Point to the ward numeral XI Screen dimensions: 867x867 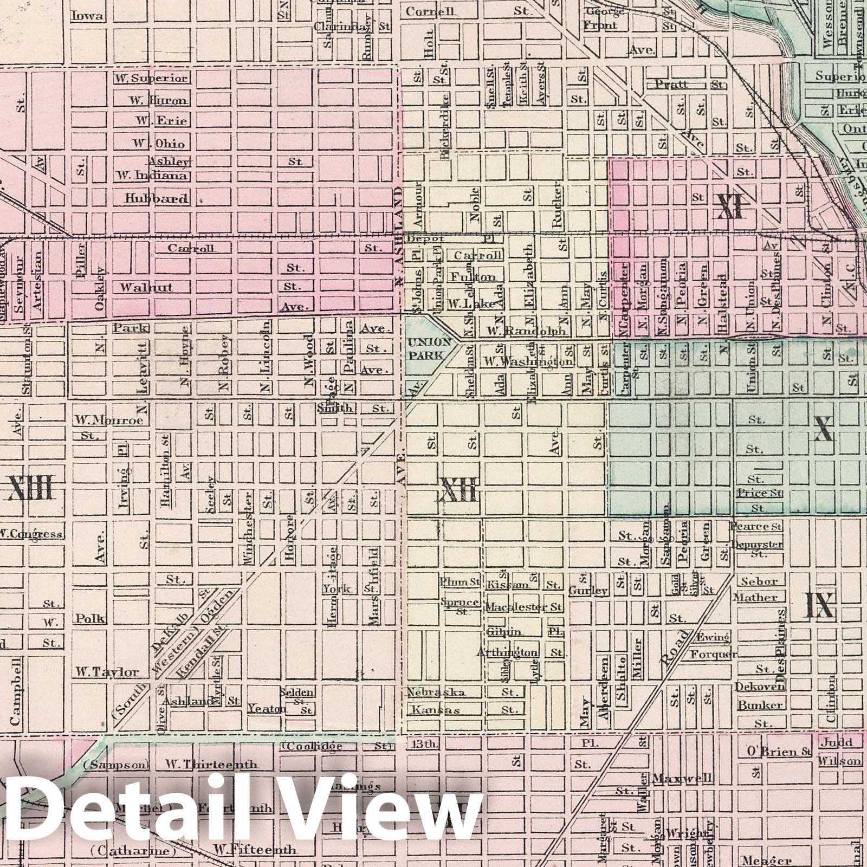pos(729,206)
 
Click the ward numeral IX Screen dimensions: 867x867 pos(819,605)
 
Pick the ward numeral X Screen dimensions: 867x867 pos(823,429)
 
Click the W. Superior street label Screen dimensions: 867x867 pos(151,79)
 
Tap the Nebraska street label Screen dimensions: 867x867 pos(435,692)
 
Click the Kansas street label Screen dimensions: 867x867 pos(435,709)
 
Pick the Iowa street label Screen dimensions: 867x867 pos(87,16)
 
